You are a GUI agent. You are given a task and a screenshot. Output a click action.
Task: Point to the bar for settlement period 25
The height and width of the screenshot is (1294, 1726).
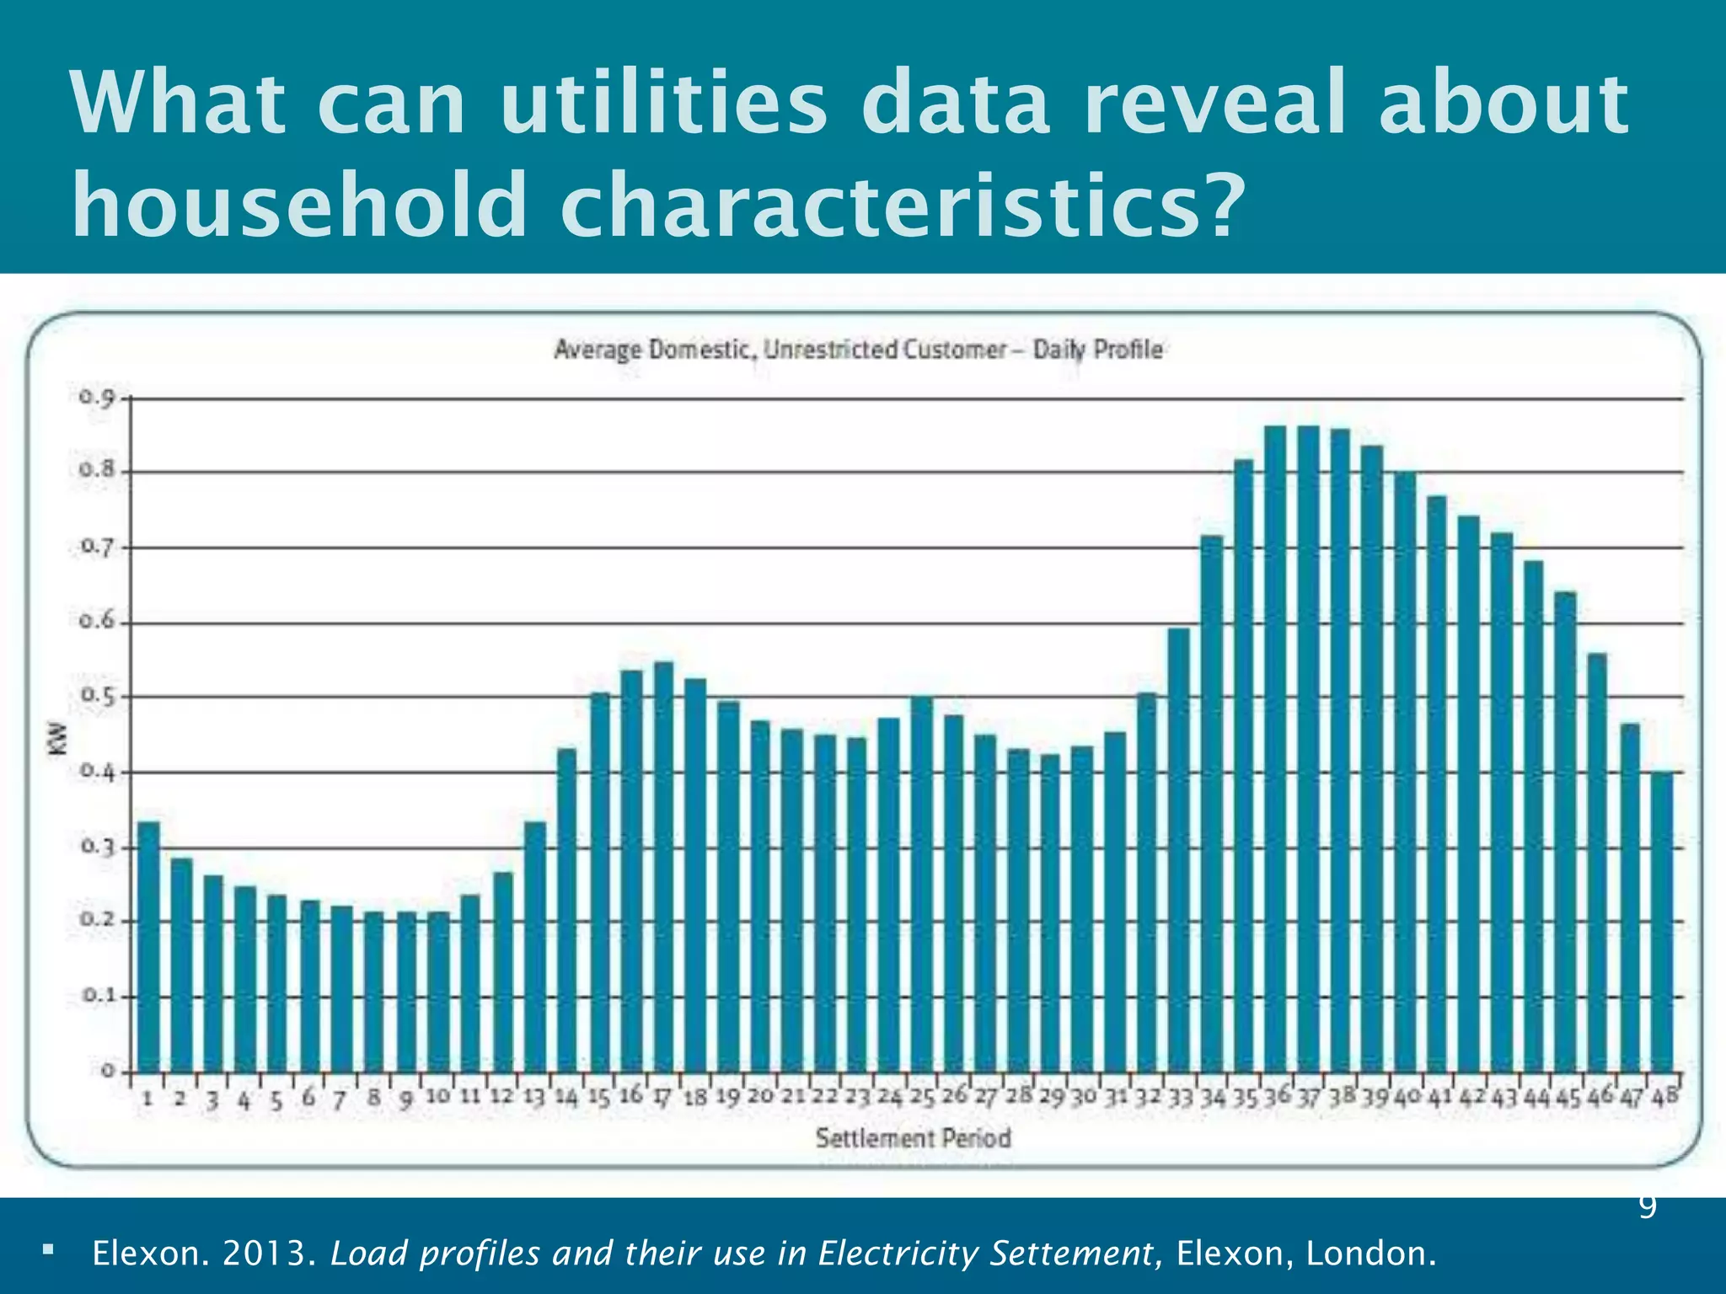pyautogui.click(x=922, y=884)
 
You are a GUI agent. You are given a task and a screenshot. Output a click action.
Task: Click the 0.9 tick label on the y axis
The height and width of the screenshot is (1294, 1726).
pyautogui.click(x=95, y=397)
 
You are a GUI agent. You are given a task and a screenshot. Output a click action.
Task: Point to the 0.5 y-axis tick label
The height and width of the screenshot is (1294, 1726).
pyautogui.click(x=95, y=697)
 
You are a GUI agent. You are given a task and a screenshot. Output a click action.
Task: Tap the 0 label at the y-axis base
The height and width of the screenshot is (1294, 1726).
pyautogui.click(x=108, y=1071)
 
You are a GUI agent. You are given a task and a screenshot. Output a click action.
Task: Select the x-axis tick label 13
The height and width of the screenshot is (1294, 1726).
pyautogui.click(x=534, y=1098)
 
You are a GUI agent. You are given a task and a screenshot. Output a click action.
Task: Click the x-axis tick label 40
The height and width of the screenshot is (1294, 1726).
pyautogui.click(x=1407, y=1097)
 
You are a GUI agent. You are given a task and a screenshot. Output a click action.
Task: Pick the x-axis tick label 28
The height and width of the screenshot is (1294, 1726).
pyautogui.click(x=1019, y=1096)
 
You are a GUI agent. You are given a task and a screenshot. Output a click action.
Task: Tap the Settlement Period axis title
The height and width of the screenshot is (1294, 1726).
pyautogui.click(x=913, y=1138)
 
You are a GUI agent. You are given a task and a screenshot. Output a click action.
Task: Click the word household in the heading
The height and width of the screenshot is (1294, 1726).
pyautogui.click(x=299, y=205)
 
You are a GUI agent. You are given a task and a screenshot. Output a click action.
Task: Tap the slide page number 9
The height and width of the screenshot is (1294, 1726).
pyautogui.click(x=1648, y=1206)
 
